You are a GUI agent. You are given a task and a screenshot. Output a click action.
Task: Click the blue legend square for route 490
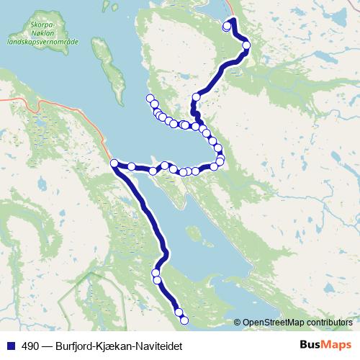point(9,346)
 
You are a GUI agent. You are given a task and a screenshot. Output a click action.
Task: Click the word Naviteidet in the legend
point(156,346)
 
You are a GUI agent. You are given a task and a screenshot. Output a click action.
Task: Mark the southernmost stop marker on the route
point(184,320)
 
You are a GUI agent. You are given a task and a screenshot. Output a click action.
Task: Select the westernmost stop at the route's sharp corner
point(114,164)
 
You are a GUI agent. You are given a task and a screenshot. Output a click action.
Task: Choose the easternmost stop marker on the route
point(246,45)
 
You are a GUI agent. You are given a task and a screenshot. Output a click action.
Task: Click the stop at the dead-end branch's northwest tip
point(150,99)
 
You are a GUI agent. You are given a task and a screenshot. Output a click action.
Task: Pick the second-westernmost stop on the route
point(132,167)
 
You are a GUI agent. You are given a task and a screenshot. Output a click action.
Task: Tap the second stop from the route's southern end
point(178,312)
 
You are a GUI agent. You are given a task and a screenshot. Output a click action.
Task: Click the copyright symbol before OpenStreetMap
point(238,322)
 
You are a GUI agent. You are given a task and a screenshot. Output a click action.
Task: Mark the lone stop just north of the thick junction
point(196,96)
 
